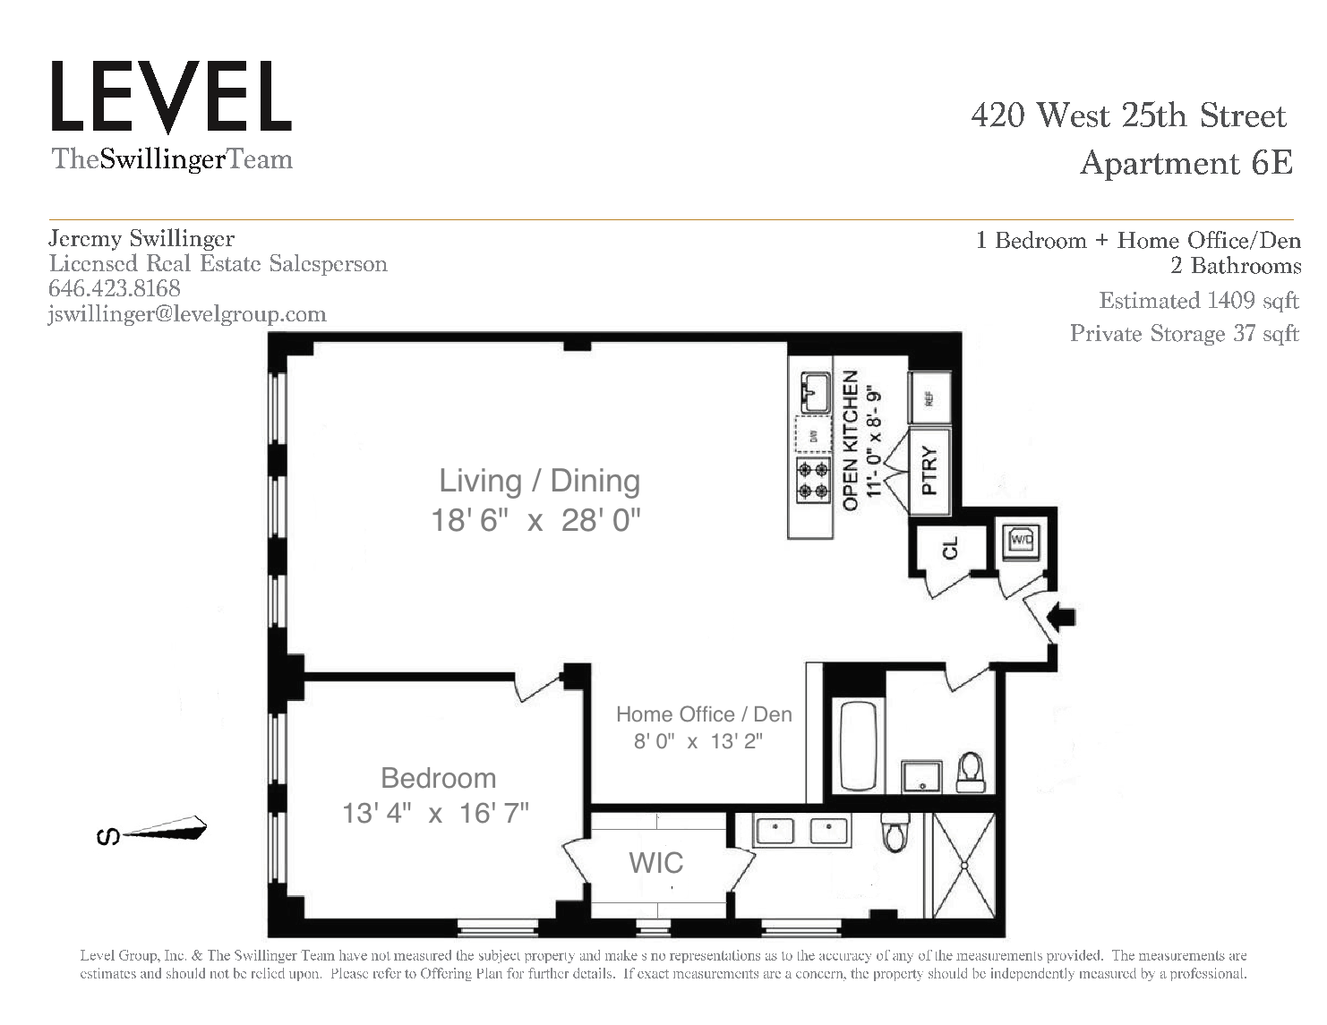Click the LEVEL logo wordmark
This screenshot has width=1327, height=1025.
[x=172, y=97]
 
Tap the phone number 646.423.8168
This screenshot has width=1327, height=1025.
[x=115, y=288]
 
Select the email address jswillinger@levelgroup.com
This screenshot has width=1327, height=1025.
[x=187, y=314]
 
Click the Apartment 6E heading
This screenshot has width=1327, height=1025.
[x=1186, y=163]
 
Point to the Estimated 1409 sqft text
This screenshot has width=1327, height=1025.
[x=1199, y=301]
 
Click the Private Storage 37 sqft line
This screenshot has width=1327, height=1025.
[x=1184, y=333]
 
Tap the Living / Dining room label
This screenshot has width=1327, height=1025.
[x=540, y=481]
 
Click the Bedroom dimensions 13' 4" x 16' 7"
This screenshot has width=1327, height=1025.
[x=435, y=813]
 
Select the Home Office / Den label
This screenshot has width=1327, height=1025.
[x=704, y=713]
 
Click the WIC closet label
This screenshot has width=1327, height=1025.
[x=655, y=863]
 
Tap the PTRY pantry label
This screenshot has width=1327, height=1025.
[x=929, y=471]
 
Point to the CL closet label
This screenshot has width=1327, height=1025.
[x=951, y=548]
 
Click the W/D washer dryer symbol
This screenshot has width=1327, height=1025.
[x=1022, y=540]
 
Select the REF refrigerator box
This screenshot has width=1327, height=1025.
[x=929, y=398]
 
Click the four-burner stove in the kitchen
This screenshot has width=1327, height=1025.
[x=813, y=481]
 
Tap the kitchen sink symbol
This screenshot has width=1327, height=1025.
[x=815, y=392]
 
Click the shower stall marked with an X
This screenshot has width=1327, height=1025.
[x=964, y=866]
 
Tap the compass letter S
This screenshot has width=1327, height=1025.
[x=108, y=836]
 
